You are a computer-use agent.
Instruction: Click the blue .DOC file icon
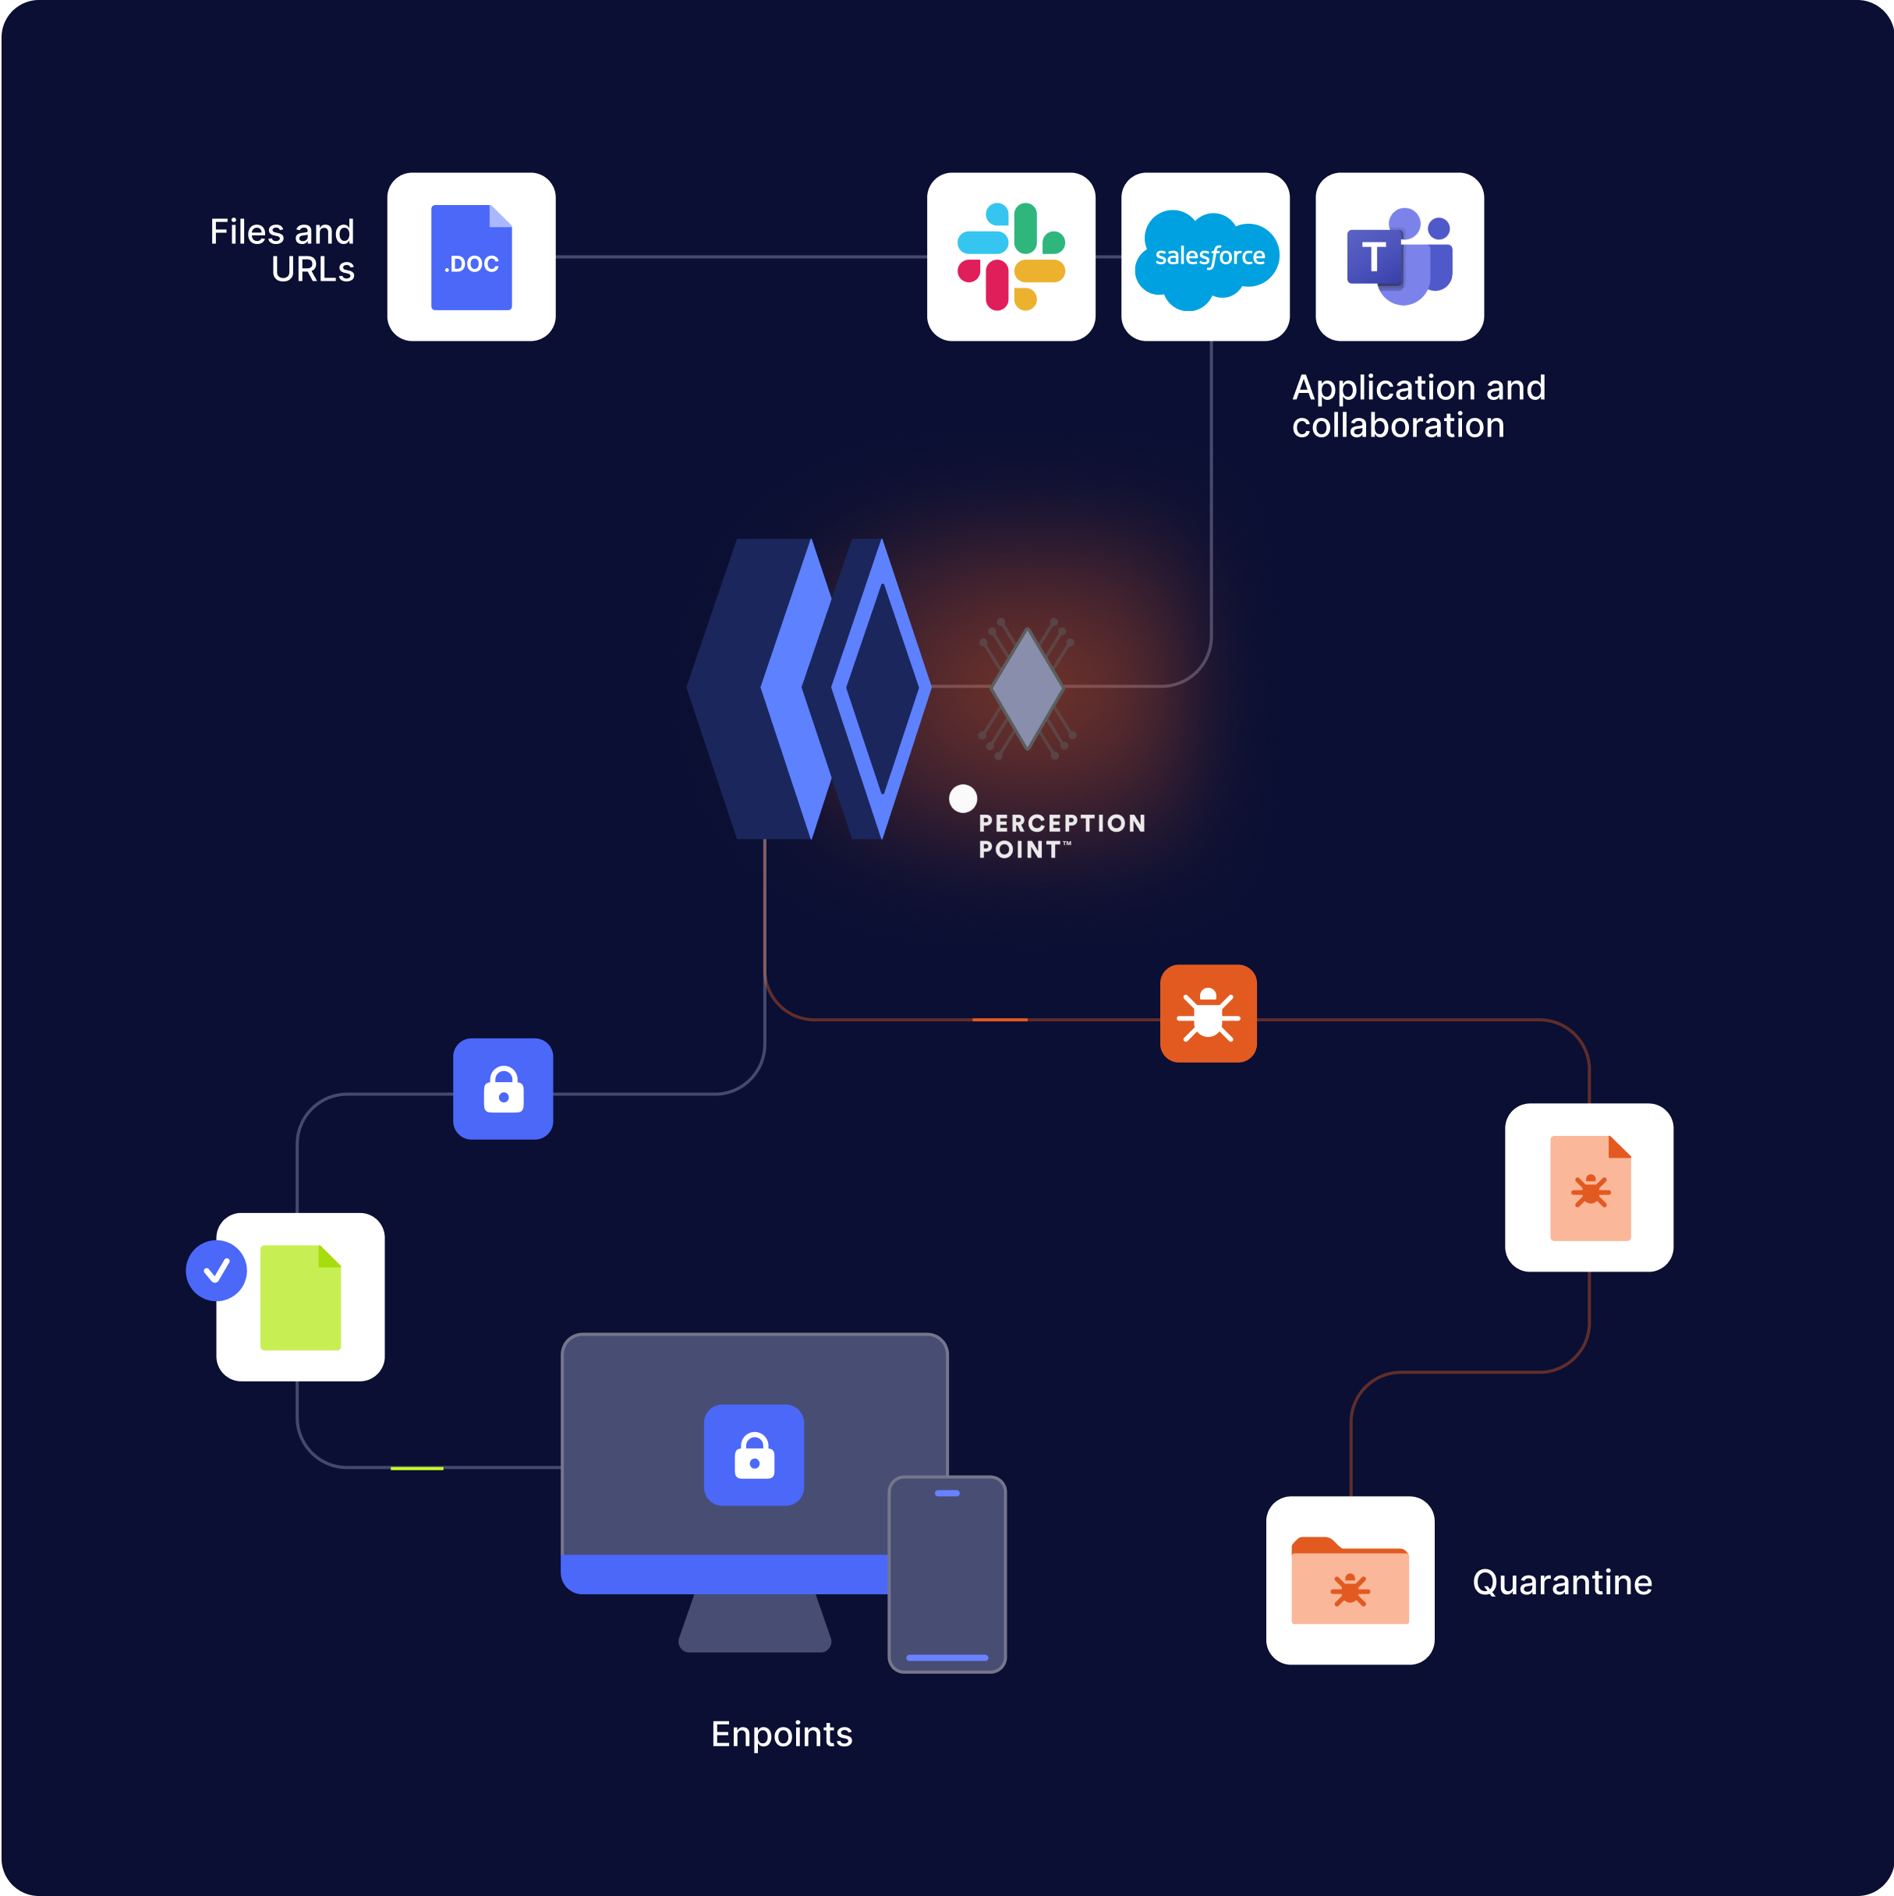click(x=471, y=257)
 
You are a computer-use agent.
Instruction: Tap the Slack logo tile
click(x=1011, y=257)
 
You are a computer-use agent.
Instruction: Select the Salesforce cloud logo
click(x=1206, y=257)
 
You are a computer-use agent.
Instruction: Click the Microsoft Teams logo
click(x=1400, y=257)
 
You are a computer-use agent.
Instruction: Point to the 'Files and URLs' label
click(x=282, y=250)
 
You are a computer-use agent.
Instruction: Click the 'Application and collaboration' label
click(x=1418, y=406)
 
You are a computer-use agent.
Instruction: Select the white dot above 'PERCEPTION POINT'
click(x=963, y=798)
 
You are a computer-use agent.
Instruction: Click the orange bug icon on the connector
click(x=1208, y=1013)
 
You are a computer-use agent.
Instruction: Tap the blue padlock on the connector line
click(x=504, y=1088)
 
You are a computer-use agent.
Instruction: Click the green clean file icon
click(x=300, y=1297)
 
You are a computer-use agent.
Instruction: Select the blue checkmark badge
click(x=216, y=1271)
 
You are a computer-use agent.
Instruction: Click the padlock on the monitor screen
click(x=754, y=1455)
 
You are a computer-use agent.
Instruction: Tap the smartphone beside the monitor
click(x=947, y=1574)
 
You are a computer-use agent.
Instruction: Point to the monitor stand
click(x=755, y=1624)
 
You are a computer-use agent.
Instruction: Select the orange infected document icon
click(x=1590, y=1187)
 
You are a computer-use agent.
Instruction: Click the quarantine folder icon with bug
click(x=1350, y=1581)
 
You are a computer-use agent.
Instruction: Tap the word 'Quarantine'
click(x=1563, y=1583)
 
